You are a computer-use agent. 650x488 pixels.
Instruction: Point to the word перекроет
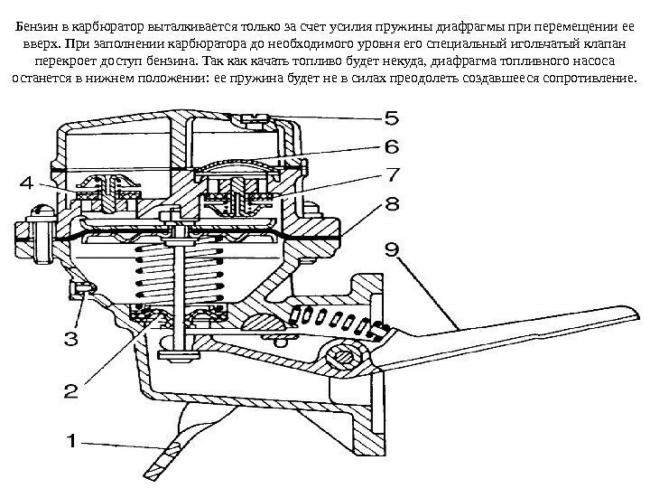click(63, 61)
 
